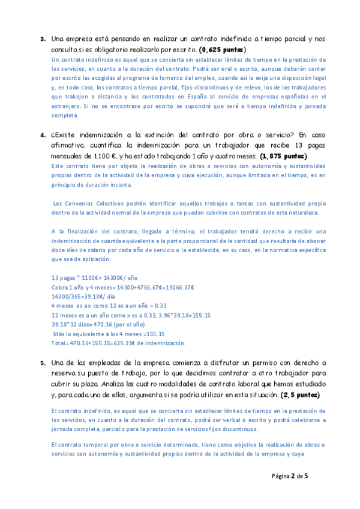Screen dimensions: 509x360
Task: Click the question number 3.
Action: [43, 40]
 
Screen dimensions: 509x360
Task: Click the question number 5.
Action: [43, 363]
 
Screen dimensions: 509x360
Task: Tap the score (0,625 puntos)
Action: [223, 49]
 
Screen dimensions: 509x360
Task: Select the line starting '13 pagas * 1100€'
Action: [95, 278]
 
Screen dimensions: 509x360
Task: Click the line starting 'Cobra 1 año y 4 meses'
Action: [123, 288]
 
